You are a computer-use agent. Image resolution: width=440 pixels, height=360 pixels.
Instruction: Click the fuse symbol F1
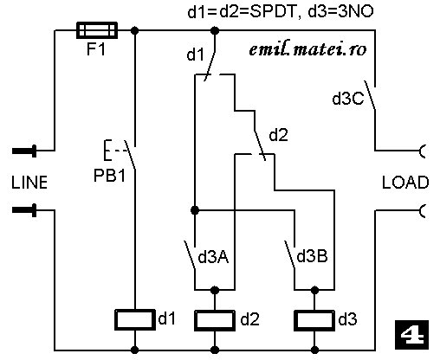pyautogui.click(x=97, y=30)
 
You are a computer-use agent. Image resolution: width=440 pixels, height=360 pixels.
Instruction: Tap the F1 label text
pyautogui.click(x=96, y=49)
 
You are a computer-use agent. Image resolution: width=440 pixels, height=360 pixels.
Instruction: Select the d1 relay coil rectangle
pyautogui.click(x=135, y=319)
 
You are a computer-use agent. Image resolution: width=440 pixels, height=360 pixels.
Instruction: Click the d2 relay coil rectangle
pyautogui.click(x=215, y=320)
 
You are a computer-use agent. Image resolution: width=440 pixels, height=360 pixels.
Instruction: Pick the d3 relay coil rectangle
pyautogui.click(x=314, y=320)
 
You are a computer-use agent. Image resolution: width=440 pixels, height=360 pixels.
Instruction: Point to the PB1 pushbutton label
pyautogui.click(x=110, y=175)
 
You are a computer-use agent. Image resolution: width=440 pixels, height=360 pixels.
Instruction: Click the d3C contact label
pyautogui.click(x=348, y=99)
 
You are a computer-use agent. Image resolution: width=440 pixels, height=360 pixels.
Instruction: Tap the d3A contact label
pyautogui.click(x=213, y=257)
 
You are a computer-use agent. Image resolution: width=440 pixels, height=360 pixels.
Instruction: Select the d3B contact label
pyautogui.click(x=313, y=256)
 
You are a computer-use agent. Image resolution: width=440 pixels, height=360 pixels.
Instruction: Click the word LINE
pyautogui.click(x=29, y=183)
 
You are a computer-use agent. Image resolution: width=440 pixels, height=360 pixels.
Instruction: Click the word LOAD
pyautogui.click(x=405, y=183)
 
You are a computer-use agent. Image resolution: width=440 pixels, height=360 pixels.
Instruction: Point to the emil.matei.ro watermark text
pyautogui.click(x=307, y=49)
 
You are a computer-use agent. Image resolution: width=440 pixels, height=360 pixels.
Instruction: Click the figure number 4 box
pyautogui.click(x=411, y=335)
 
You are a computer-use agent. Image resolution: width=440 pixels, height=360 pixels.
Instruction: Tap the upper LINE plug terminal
pyautogui.click(x=24, y=151)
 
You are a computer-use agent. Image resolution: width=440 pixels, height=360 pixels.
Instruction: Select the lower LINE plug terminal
pyautogui.click(x=24, y=210)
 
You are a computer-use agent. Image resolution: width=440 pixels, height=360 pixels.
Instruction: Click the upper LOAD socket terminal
pyautogui.click(x=423, y=151)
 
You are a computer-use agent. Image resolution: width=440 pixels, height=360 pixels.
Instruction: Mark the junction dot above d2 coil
pyautogui.click(x=215, y=290)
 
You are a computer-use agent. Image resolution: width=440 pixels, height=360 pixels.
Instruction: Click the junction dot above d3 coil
pyautogui.click(x=314, y=290)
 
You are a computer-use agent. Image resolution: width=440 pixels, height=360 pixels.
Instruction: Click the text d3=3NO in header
pyautogui.click(x=340, y=12)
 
